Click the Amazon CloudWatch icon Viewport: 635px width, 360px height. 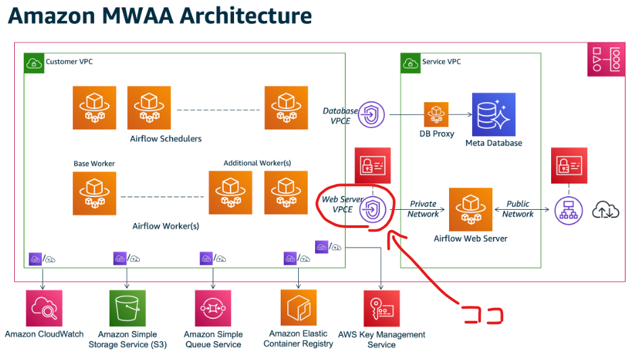pos(44,309)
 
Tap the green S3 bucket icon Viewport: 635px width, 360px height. pos(127,309)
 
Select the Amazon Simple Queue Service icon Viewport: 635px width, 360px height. pos(213,309)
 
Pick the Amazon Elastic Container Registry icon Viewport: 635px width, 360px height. pos(298,308)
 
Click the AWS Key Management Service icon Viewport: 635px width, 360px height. pos(381,309)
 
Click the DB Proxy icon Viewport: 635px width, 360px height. pos(436,115)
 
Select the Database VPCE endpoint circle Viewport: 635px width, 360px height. pos(371,115)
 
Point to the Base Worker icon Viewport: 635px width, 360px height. pos(94,194)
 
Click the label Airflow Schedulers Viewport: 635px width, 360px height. pos(166,139)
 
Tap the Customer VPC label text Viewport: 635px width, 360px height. pos(69,62)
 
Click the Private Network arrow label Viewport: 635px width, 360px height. pos(423,209)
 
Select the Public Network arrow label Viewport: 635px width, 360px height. pos(518,209)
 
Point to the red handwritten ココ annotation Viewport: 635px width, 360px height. pos(482,315)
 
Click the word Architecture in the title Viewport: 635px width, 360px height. pos(232,15)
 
